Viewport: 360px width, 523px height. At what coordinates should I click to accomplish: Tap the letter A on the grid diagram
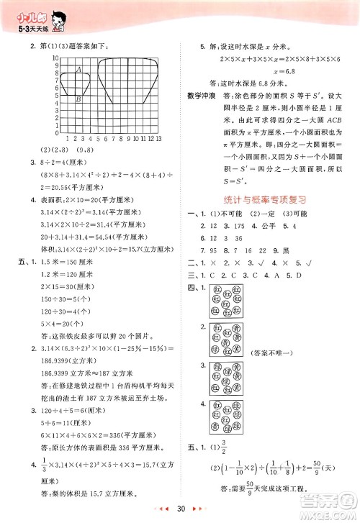click(78, 70)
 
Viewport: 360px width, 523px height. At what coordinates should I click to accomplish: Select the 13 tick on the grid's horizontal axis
click(157, 137)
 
